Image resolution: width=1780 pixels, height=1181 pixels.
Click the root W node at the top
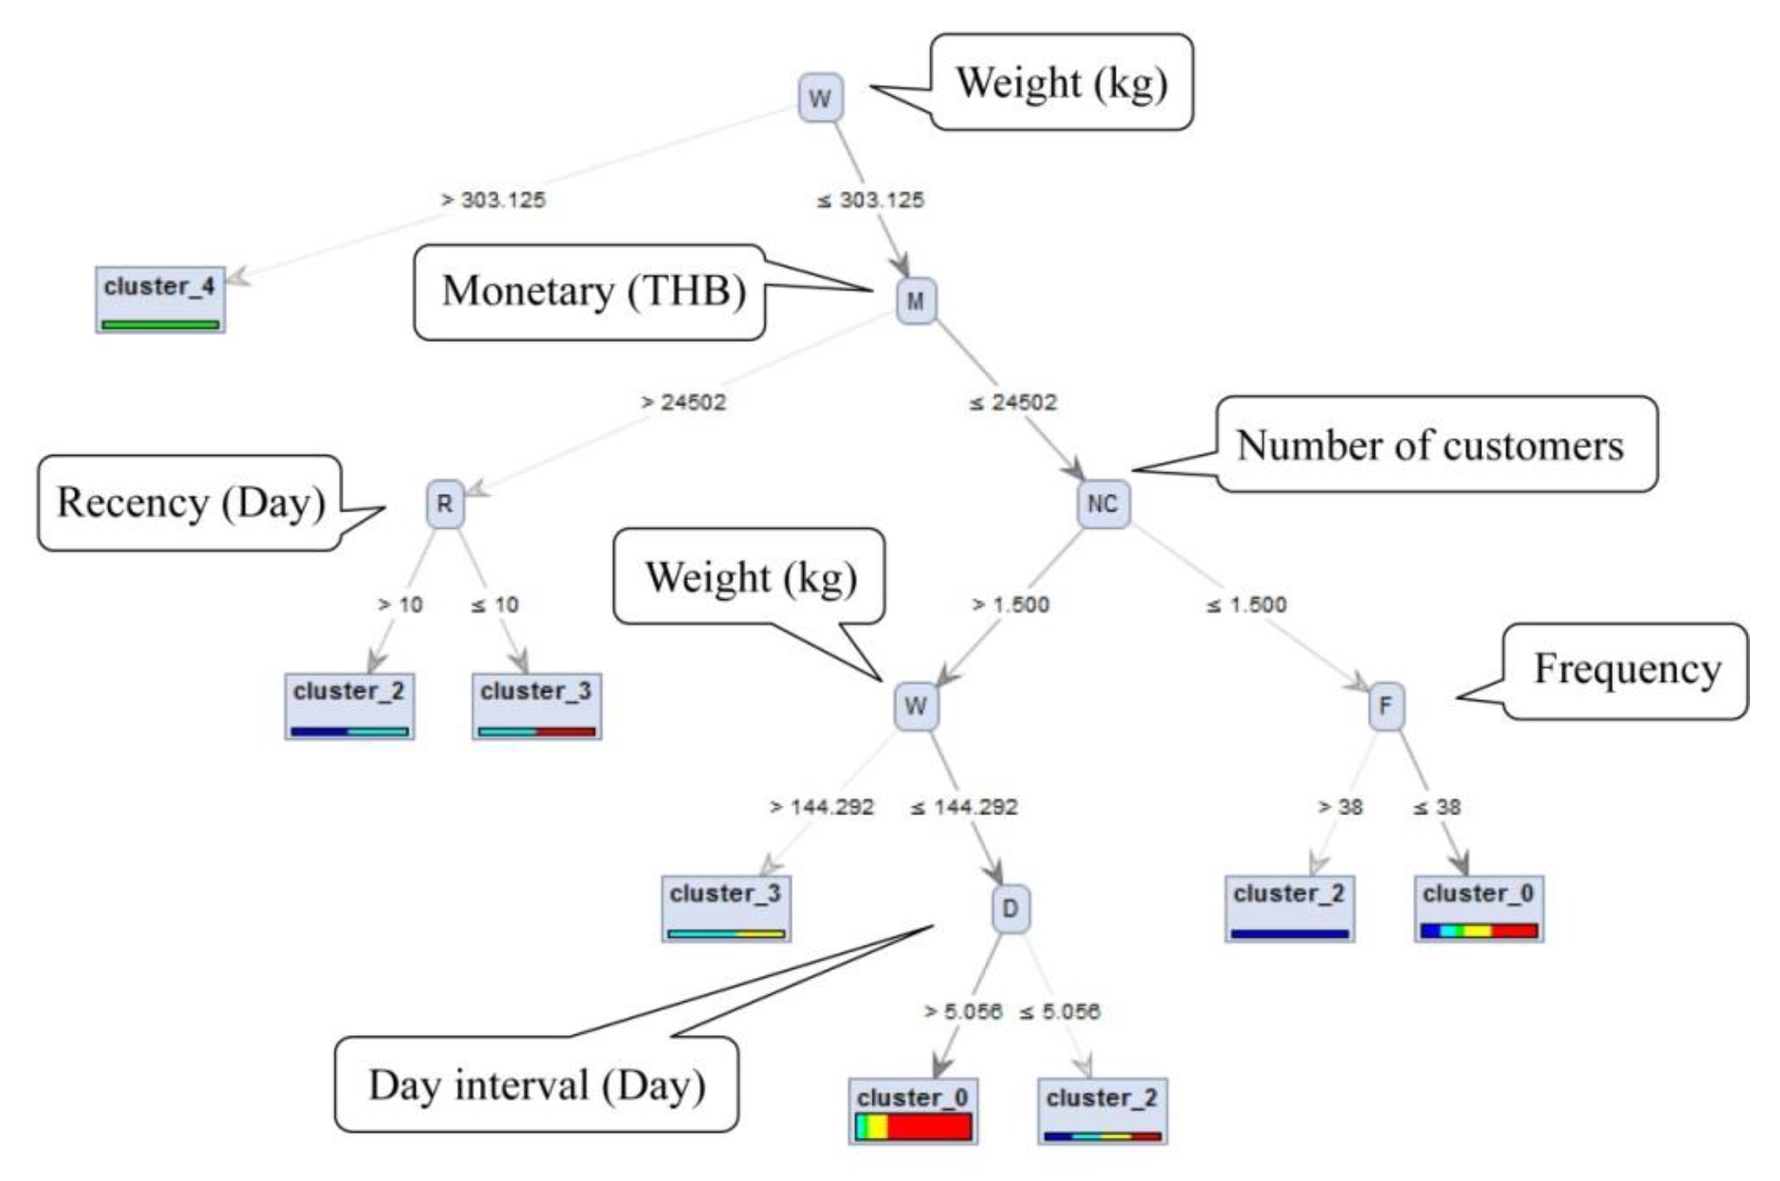[x=820, y=98]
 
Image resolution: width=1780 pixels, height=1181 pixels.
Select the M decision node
[x=916, y=300]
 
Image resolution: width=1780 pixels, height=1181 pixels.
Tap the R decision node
[x=445, y=503]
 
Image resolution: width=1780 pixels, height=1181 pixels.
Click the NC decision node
[x=1103, y=503]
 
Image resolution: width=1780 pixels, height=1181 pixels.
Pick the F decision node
[x=1385, y=706]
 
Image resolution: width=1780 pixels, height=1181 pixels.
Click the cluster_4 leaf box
[x=160, y=300]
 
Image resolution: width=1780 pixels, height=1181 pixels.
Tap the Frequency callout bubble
[x=1627, y=670]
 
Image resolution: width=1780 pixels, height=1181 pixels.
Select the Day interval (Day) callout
[x=536, y=1085]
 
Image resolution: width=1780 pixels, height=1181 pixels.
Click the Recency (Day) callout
[x=190, y=503]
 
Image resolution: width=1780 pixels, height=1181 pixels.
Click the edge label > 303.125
[x=493, y=199]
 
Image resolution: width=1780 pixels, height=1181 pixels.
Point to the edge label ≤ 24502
[x=1013, y=402]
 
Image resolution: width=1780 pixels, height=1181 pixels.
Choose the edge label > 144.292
[x=822, y=807]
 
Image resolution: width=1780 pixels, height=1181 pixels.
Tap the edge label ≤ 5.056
[x=1060, y=1011]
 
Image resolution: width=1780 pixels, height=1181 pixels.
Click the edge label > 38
[x=1341, y=807]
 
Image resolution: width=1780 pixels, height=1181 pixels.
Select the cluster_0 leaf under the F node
[x=1478, y=908]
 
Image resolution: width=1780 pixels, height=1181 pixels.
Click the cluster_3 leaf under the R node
[x=536, y=706]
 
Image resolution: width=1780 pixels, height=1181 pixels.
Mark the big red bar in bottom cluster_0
[x=929, y=1127]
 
